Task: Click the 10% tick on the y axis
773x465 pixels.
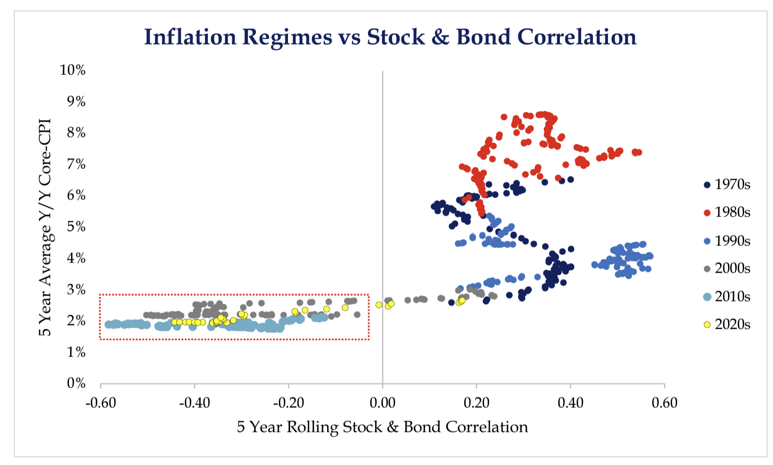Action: tap(73, 70)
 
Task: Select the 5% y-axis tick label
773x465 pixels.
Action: tap(76, 227)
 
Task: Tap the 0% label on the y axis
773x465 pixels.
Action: tap(76, 383)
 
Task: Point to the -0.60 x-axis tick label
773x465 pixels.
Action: tap(100, 402)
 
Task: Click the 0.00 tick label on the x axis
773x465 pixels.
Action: tap(382, 402)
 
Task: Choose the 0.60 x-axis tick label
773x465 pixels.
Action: tap(665, 402)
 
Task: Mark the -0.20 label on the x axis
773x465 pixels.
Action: tap(288, 402)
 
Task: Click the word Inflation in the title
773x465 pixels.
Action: tap(190, 37)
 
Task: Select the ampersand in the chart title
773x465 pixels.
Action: tap(440, 37)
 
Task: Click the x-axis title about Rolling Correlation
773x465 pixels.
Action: tap(382, 427)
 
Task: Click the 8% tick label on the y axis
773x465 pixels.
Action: tap(76, 133)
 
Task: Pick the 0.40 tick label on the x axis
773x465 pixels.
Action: tap(571, 402)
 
